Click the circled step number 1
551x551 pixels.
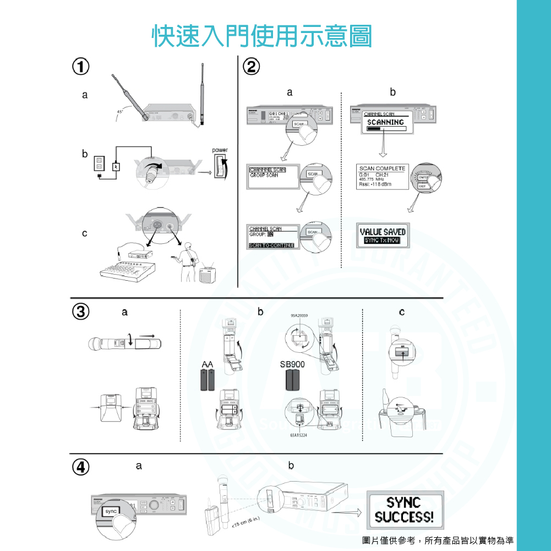(x=80, y=67)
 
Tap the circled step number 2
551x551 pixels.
(x=251, y=67)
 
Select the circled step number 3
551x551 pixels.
(x=81, y=312)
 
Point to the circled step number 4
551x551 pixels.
(x=81, y=467)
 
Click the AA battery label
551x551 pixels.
(x=207, y=364)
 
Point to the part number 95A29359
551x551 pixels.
(x=299, y=316)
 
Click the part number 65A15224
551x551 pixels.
(x=298, y=435)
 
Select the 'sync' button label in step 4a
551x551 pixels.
(x=111, y=511)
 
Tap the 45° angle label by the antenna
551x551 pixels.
(x=119, y=112)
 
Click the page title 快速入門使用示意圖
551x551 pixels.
(x=261, y=35)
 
